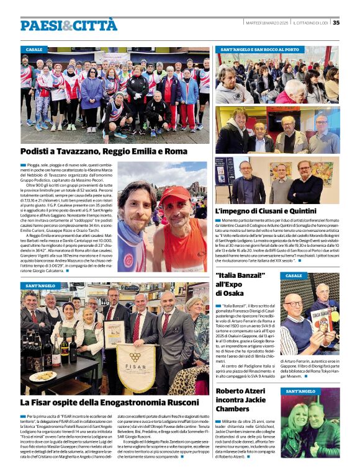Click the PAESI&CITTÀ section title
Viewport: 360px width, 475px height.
point(68,25)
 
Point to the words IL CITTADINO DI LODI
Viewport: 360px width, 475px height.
point(310,23)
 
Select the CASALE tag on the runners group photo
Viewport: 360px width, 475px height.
point(35,49)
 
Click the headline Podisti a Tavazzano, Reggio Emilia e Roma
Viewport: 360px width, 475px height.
point(104,151)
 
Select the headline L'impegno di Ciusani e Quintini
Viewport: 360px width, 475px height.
point(265,211)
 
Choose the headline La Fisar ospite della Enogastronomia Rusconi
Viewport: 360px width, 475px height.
point(109,402)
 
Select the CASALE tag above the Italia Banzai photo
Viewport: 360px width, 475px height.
point(294,275)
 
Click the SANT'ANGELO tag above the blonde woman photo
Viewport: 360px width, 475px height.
point(301,391)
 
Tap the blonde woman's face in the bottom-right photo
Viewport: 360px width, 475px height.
point(300,415)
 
